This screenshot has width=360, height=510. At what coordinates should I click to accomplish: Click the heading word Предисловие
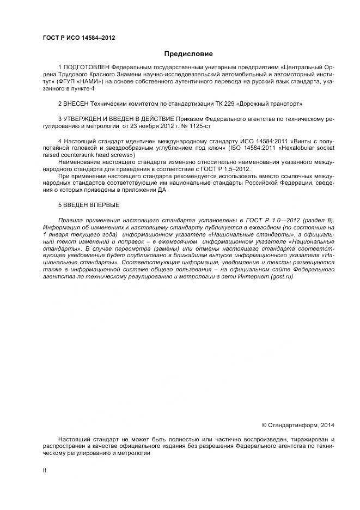(x=188, y=54)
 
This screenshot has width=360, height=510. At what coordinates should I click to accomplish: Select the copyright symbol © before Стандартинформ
(x=264, y=424)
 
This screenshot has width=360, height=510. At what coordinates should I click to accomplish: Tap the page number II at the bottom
(x=44, y=470)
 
